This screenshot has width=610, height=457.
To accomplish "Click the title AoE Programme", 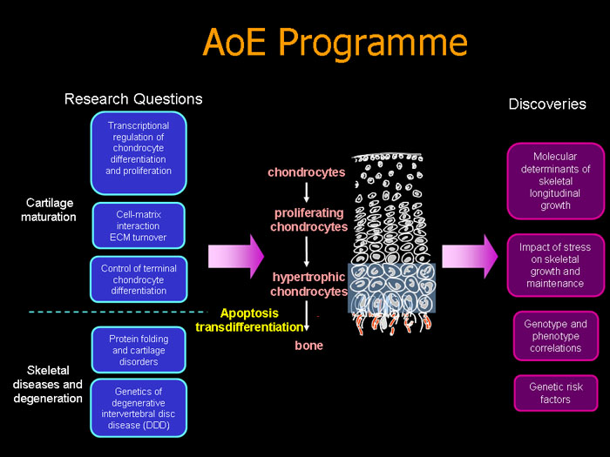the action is coord(335,43).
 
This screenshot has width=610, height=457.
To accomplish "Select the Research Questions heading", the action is coord(133,99).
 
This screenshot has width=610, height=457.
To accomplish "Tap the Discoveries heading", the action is coord(547,104).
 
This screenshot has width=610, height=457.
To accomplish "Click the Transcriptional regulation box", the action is coord(139,153).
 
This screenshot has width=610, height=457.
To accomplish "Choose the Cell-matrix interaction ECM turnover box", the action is coord(139,225).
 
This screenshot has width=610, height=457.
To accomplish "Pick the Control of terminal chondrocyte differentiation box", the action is coord(139,279).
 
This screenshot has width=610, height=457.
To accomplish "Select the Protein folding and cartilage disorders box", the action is coord(139,350).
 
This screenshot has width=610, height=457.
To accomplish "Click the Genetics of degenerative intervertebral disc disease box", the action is coord(139,408).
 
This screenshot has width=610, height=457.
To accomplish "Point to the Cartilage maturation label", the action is coord(49,210).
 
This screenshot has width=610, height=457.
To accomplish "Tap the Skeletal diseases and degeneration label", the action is coord(48,384).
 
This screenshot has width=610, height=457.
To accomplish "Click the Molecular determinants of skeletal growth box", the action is coord(556,181).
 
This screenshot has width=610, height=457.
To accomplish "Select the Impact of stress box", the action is coord(556,265).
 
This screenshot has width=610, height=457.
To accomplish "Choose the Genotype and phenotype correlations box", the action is coord(556,336).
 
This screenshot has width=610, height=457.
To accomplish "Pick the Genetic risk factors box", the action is coord(556,393).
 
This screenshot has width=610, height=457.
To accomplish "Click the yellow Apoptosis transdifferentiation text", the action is coord(249,319).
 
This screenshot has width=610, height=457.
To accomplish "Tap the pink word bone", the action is coord(308,346).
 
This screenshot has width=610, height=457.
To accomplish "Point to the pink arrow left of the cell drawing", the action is coord(236,257).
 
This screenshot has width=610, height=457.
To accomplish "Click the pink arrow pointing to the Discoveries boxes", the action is coord(470,257).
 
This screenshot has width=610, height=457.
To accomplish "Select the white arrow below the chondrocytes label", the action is coord(307,192).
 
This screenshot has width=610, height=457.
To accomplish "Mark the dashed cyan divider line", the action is coord(118,312).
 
